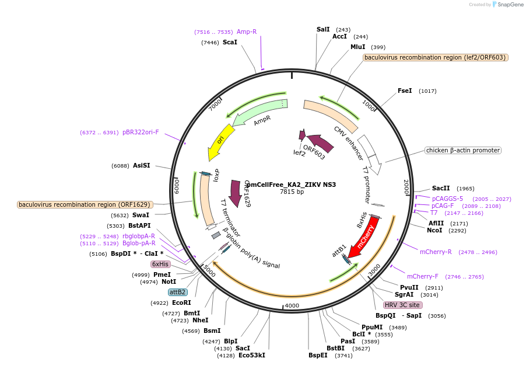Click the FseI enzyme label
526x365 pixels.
point(405,91)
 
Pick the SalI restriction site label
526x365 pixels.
point(323,29)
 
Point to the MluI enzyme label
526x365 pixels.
point(357,47)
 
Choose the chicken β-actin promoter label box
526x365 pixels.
point(463,150)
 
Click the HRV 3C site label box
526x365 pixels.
point(402,305)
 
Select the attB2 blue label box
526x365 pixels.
point(177,291)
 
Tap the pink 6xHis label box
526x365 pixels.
point(160,264)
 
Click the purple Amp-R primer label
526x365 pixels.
point(247,32)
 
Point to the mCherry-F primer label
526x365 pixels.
point(422,276)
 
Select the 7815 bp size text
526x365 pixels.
point(292,192)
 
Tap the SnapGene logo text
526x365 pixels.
point(509,5)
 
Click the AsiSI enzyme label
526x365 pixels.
point(141,165)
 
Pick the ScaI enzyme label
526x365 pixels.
point(230,43)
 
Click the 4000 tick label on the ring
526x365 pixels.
point(292,305)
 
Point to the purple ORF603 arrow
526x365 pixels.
point(320,144)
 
